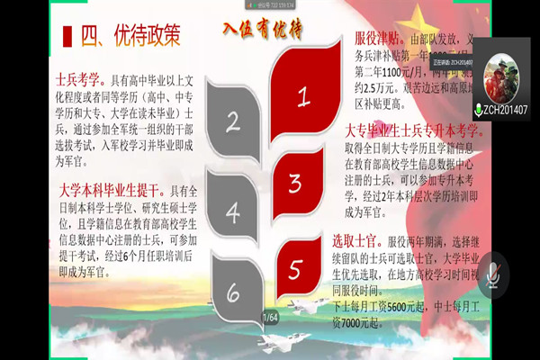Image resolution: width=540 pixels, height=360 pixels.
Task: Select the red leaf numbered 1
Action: [x=304, y=92]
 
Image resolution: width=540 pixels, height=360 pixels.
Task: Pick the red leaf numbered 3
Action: [x=295, y=183]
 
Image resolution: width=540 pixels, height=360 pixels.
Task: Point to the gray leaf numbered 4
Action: [x=232, y=212]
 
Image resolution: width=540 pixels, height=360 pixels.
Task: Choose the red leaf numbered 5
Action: [x=295, y=267]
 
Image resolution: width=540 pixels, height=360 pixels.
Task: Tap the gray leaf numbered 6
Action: [x=232, y=293]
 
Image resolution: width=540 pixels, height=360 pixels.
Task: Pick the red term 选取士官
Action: [x=369, y=241]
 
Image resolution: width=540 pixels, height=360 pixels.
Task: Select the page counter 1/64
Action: [x=270, y=317]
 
